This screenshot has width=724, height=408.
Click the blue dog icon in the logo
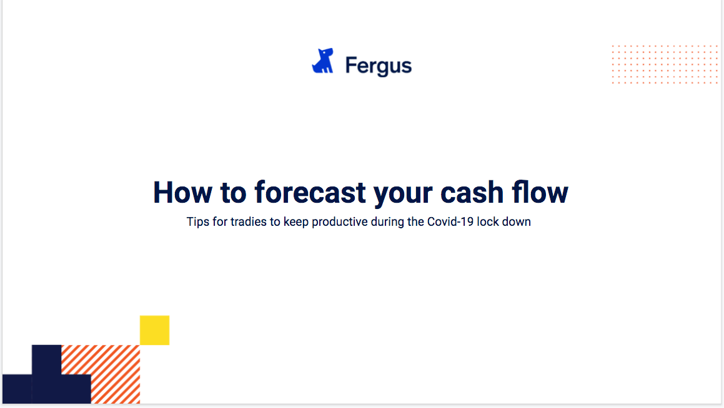(x=323, y=61)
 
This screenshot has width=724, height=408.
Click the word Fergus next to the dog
(x=378, y=66)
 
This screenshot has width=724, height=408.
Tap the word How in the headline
(x=183, y=192)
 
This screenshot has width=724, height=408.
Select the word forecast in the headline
(x=310, y=192)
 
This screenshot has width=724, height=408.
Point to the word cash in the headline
(x=472, y=192)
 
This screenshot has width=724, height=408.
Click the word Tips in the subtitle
(x=197, y=221)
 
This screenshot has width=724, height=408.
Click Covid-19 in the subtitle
(x=450, y=221)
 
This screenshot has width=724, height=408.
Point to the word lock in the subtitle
(x=488, y=221)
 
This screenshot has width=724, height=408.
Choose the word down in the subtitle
(x=516, y=221)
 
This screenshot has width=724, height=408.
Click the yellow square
(x=155, y=330)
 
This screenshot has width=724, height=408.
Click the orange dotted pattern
(x=665, y=64)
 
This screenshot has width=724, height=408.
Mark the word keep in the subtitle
(x=296, y=221)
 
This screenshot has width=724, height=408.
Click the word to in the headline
(x=233, y=193)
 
